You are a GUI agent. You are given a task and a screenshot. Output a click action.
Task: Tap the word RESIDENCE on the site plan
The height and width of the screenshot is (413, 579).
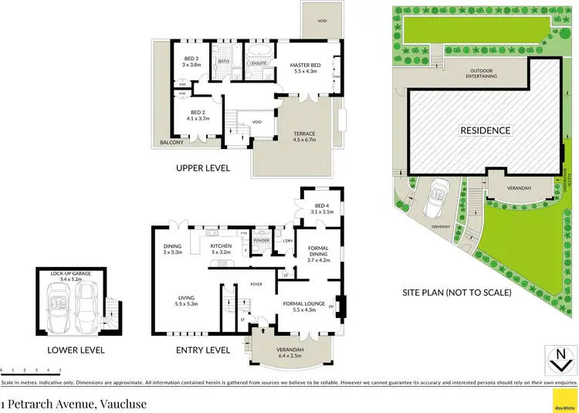486,130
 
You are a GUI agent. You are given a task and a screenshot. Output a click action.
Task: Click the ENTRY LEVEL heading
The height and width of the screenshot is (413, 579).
204,350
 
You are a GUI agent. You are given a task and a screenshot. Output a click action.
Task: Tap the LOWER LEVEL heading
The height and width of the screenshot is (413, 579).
76,350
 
